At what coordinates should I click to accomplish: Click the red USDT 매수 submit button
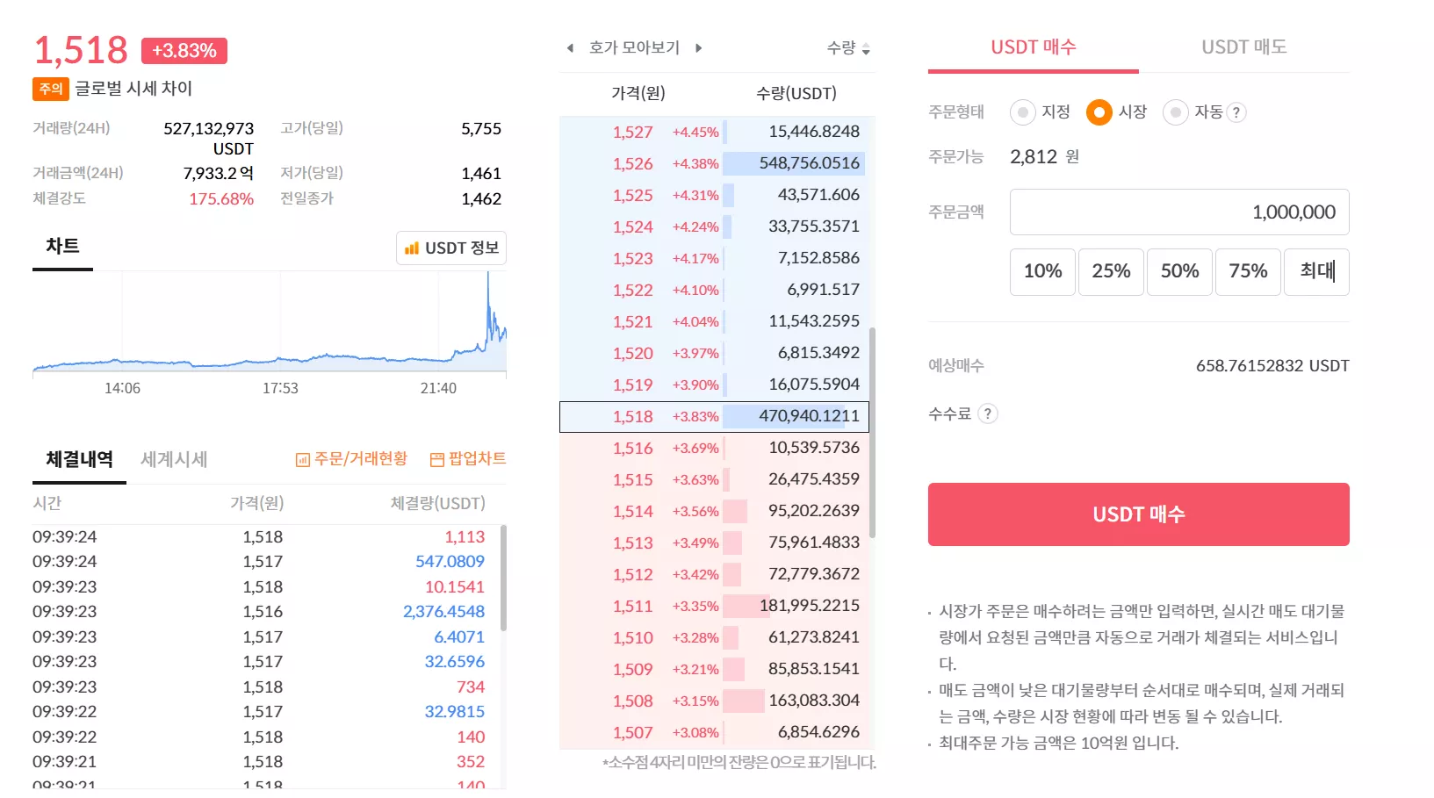(x=1138, y=514)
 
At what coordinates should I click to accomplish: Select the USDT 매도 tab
(x=1243, y=47)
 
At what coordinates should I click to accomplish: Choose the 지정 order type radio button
(x=1022, y=112)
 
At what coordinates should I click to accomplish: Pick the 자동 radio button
(x=1175, y=112)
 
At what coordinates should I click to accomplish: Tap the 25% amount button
(x=1111, y=271)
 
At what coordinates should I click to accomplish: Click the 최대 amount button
(x=1316, y=271)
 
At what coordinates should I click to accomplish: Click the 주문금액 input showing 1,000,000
(x=1179, y=212)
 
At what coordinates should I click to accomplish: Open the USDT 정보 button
(x=451, y=248)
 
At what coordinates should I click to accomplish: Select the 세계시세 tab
(x=174, y=459)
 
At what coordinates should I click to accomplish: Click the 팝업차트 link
(x=468, y=458)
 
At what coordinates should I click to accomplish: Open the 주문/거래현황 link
(x=351, y=458)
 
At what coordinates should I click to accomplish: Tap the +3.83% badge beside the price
(x=184, y=51)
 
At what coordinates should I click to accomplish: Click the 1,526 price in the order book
(x=632, y=163)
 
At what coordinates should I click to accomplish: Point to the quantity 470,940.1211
(x=809, y=416)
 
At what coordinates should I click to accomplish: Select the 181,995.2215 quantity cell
(x=809, y=606)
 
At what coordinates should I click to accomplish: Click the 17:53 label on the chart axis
(x=280, y=388)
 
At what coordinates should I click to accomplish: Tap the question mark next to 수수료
(x=988, y=414)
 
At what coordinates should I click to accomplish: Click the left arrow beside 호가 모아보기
(x=571, y=48)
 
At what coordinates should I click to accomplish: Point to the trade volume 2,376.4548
(x=443, y=611)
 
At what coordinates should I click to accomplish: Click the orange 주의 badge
(x=51, y=89)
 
